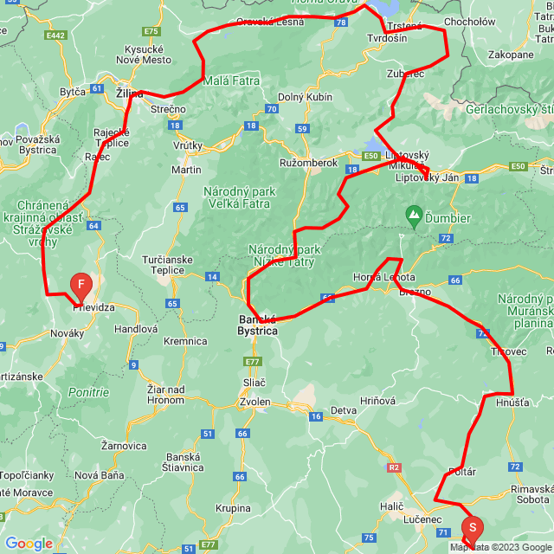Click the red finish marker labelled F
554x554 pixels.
pyautogui.click(x=81, y=285)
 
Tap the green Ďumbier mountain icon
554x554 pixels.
pyautogui.click(x=415, y=213)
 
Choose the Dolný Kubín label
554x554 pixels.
pyautogui.click(x=305, y=97)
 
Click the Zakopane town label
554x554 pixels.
pyautogui.click(x=511, y=55)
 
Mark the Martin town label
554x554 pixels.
pyautogui.click(x=186, y=170)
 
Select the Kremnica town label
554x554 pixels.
pyautogui.click(x=185, y=341)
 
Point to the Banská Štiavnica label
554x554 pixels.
pyautogui.click(x=183, y=462)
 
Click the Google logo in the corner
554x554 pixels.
pyautogui.click(x=29, y=544)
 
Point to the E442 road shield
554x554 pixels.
pyautogui.click(x=56, y=35)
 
